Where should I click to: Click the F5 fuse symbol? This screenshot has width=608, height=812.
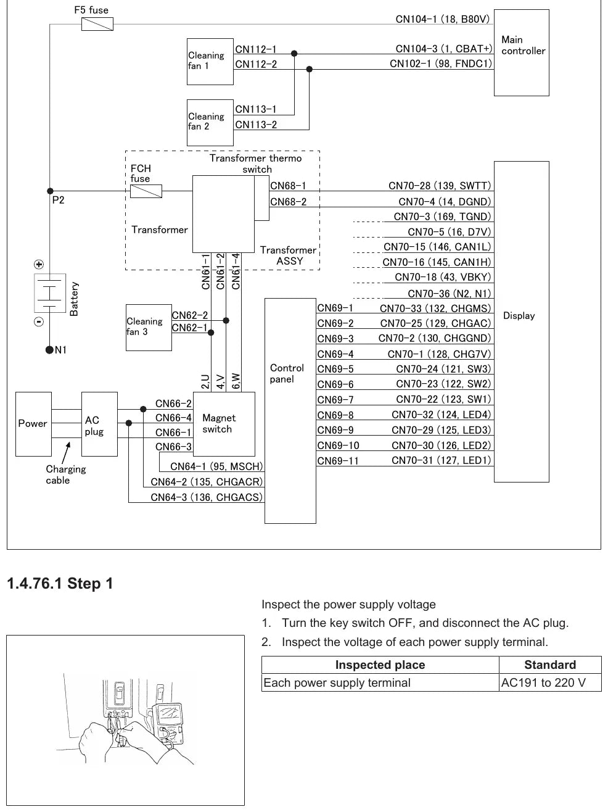[x=97, y=24]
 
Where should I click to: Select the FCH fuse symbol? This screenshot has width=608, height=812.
[x=146, y=191]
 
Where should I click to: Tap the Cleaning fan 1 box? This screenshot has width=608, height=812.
[x=210, y=62]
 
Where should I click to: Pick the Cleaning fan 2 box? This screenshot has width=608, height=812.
[x=210, y=123]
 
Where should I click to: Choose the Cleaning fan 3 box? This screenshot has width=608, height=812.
[x=149, y=328]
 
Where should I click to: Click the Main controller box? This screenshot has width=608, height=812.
[x=522, y=52]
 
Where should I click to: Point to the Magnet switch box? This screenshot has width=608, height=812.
[x=224, y=424]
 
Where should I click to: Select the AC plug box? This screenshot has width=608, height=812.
[x=99, y=424]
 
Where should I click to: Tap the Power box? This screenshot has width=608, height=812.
[x=33, y=424]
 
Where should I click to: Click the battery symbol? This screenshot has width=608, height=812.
[x=50, y=293]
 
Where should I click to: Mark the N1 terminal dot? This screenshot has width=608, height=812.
[x=49, y=350]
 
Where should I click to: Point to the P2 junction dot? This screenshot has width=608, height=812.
[x=50, y=191]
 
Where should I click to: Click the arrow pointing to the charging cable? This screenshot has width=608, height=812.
[x=66, y=452]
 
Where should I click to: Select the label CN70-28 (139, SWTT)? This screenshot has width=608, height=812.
[x=440, y=185]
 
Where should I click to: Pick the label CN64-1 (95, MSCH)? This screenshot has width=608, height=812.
[x=216, y=466]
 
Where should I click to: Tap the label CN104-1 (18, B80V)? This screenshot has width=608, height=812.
[x=442, y=19]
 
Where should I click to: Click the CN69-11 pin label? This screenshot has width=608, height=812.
[x=338, y=460]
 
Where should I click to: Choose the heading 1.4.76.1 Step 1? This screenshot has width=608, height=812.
[x=60, y=583]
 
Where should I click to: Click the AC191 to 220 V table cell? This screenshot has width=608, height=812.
[x=550, y=682]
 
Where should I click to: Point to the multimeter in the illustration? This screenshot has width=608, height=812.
[x=168, y=724]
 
